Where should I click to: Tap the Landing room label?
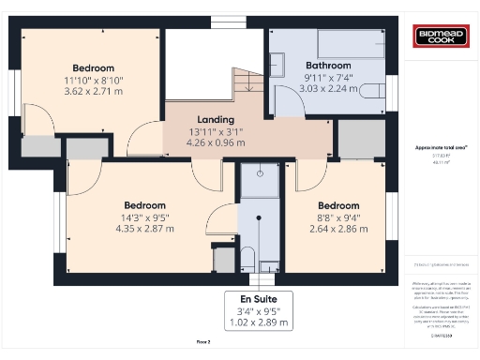[215, 120]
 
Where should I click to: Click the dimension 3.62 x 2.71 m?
[94, 93]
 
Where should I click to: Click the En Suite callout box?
[257, 310]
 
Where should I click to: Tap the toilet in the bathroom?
[372, 91]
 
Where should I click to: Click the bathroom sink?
[277, 64]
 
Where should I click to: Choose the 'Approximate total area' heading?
[442, 147]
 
